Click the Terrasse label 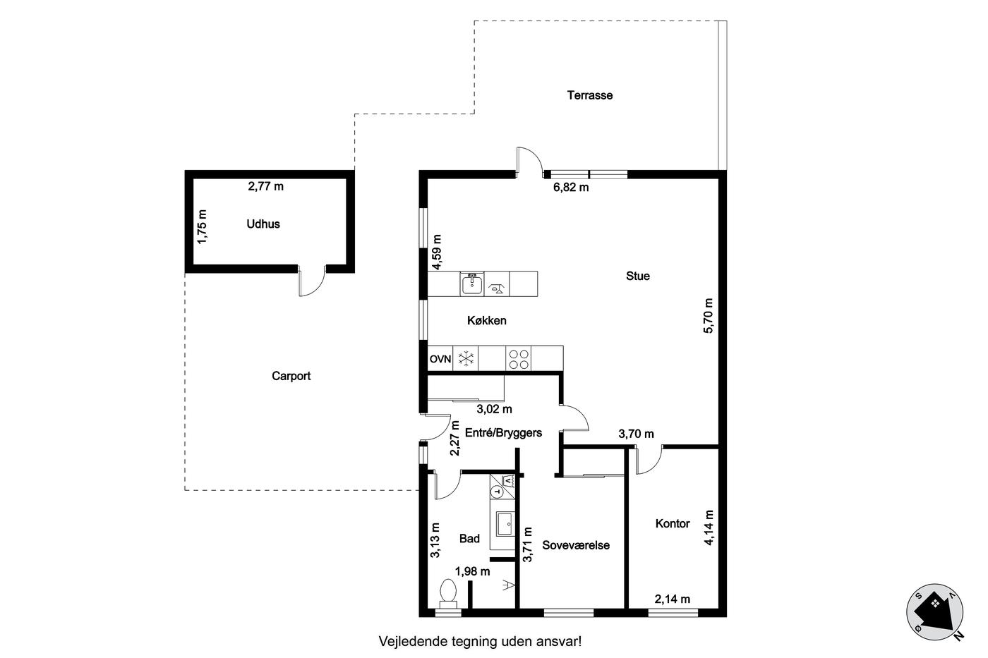click(x=590, y=95)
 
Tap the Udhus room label click(x=263, y=224)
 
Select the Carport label click(x=291, y=376)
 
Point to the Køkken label click(x=487, y=320)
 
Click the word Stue click(x=638, y=276)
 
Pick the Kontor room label click(x=673, y=523)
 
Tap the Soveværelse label click(x=576, y=545)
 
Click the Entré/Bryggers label click(x=504, y=433)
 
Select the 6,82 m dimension click(x=571, y=188)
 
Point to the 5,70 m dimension click(x=708, y=315)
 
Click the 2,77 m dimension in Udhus click(x=265, y=186)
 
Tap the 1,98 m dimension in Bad click(x=472, y=572)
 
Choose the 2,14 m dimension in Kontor click(x=672, y=599)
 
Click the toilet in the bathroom click(x=449, y=594)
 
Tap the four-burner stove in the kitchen click(x=518, y=359)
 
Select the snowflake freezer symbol click(x=465, y=359)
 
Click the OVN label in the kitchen click(x=440, y=359)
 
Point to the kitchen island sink click(x=472, y=284)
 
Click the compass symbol click(x=934, y=612)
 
